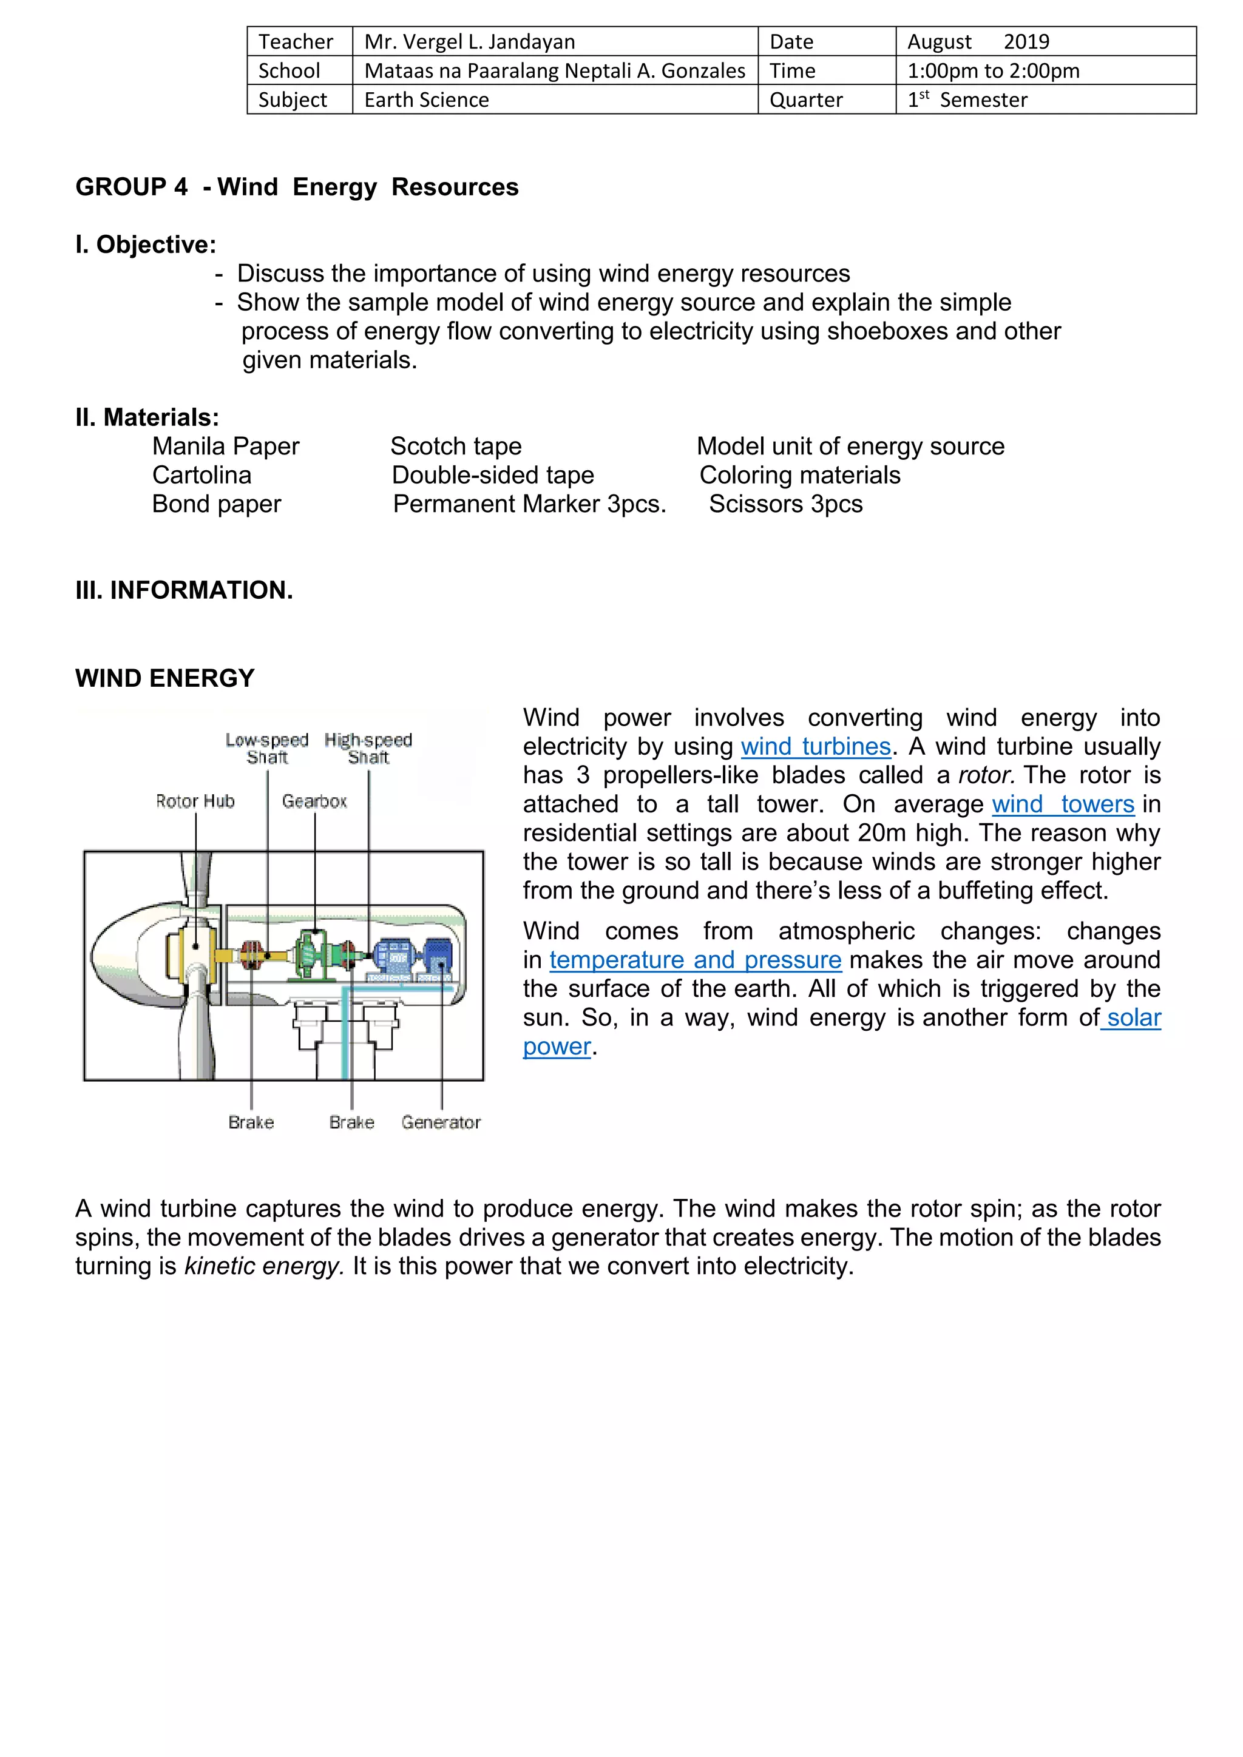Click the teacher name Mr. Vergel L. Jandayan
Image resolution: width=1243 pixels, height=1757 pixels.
[469, 41]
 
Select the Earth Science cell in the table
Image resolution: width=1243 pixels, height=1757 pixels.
[426, 99]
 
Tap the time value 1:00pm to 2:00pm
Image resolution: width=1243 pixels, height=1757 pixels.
[993, 70]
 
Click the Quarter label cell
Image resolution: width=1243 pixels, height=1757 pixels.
[805, 99]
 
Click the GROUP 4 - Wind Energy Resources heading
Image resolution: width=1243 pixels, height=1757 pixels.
[297, 187]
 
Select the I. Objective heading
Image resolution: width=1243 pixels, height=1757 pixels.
[146, 245]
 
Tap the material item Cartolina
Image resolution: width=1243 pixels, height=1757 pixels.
[202, 475]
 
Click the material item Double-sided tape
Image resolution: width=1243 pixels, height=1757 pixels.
[493, 475]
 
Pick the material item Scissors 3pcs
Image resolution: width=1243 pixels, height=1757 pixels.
[785, 504]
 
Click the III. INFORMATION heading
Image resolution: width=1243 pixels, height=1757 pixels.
[184, 590]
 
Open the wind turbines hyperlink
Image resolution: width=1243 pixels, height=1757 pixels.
[815, 746]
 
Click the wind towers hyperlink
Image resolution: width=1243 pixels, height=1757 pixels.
[1062, 804]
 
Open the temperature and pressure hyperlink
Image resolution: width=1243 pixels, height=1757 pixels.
[695, 960]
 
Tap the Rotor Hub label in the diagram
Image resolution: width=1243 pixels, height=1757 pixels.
[195, 801]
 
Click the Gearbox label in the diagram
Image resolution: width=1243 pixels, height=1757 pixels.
[314, 801]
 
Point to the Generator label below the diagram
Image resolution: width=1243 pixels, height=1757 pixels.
[441, 1122]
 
